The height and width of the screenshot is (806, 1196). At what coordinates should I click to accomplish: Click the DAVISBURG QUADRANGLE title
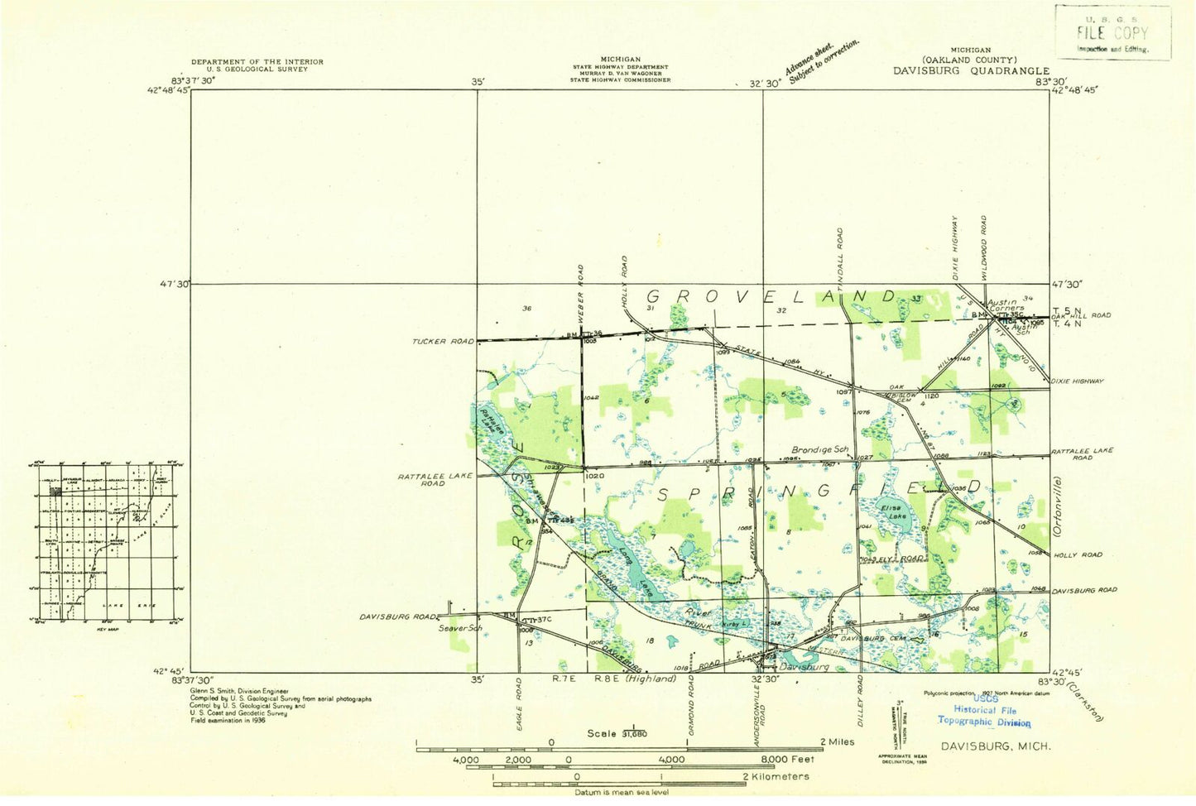pos(970,71)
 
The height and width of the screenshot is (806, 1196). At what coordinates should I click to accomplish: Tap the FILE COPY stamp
pos(1112,33)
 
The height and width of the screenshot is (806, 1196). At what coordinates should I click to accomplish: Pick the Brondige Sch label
pos(820,449)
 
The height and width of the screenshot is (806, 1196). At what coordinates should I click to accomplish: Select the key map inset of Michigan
pos(108,543)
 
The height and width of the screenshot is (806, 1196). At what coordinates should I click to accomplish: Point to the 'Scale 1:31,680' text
pos(617,733)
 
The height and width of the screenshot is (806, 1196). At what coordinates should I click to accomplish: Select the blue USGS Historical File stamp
pos(984,710)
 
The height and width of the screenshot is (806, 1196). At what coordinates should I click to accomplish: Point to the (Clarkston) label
pos(1084,701)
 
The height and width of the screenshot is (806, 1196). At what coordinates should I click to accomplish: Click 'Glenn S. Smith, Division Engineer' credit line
pos(239,690)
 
